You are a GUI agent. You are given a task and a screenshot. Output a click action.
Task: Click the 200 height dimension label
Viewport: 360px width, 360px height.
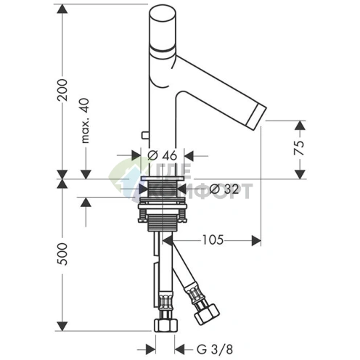(x=62, y=90)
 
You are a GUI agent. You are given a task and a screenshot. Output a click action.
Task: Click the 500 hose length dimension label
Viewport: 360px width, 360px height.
(x=62, y=254)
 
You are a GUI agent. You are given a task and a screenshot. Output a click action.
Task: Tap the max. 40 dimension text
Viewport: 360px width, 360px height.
(x=85, y=120)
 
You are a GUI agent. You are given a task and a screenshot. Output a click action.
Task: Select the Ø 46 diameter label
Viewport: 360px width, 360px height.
(x=163, y=155)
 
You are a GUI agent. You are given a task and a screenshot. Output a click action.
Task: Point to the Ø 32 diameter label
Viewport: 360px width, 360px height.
(x=224, y=189)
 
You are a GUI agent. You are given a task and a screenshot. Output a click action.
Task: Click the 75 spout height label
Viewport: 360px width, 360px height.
(x=299, y=148)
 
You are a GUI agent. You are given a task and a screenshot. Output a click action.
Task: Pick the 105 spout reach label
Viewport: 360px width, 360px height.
(x=213, y=240)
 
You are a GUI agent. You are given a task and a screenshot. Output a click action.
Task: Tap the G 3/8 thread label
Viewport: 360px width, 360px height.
(x=215, y=350)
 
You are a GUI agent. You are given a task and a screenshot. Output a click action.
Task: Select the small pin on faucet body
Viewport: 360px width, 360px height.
(x=145, y=135)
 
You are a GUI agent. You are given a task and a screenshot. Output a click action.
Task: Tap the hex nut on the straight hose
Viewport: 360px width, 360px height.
(x=165, y=325)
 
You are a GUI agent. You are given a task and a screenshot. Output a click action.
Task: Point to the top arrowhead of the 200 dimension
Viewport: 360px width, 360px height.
(x=62, y=9)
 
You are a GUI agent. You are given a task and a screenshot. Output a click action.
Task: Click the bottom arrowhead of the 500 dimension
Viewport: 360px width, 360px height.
(x=62, y=326)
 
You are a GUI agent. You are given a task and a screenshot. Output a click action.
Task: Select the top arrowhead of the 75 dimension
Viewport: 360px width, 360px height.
(x=300, y=126)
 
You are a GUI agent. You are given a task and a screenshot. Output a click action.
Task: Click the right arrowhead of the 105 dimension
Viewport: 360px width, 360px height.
(x=256, y=240)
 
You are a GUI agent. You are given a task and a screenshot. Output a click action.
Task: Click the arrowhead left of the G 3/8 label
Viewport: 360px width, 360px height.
(x=150, y=350)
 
